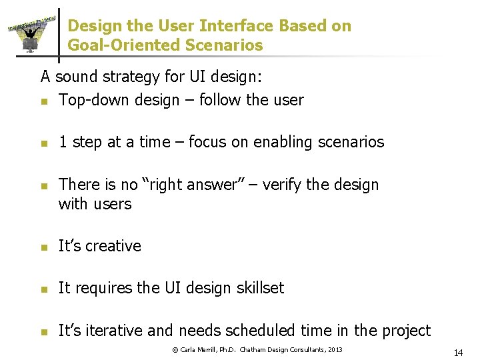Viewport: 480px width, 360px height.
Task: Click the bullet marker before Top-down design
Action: pos(43,101)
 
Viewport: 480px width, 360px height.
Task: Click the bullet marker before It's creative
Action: pos(43,247)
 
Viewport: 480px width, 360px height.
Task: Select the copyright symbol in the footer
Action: pos(175,350)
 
